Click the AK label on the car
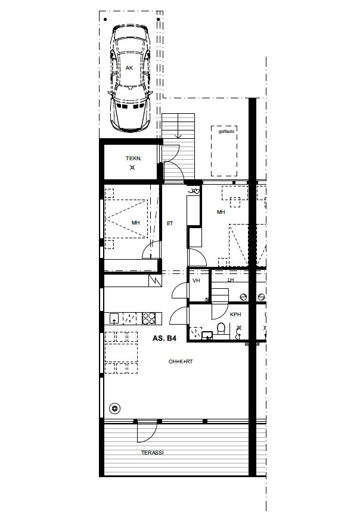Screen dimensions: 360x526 coord(129,68)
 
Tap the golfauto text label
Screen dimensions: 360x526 coord(226,132)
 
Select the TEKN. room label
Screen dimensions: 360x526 coord(134,158)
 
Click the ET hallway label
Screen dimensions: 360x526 coord(170,223)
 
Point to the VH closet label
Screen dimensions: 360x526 coord(196,281)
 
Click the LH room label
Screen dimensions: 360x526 coord(231,280)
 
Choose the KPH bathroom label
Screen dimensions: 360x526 coord(235,315)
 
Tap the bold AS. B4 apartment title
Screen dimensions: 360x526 coord(164,338)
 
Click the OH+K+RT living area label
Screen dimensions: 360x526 coord(181,362)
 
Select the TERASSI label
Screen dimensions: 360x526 coord(153,453)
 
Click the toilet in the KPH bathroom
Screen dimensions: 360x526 coord(221,328)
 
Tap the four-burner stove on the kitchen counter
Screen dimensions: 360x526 coord(148,319)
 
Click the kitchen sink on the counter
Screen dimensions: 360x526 coord(114,318)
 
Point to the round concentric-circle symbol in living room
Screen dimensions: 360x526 coord(115,408)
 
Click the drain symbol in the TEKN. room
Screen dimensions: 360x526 coord(132,167)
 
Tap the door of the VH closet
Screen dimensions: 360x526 coord(181,291)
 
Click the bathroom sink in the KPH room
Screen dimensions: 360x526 coord(207,335)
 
